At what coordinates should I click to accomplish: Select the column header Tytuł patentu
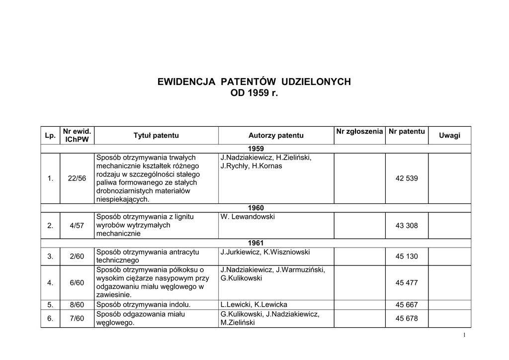click(156, 135)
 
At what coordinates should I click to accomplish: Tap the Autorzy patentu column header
click(276, 136)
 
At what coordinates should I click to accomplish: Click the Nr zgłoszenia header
click(359, 131)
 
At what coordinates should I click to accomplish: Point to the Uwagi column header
click(449, 136)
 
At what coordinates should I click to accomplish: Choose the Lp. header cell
click(50, 136)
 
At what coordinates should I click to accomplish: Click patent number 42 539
click(406, 179)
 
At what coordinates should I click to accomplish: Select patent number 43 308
click(406, 225)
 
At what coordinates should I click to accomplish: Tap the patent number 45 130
click(406, 257)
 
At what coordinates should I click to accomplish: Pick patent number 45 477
click(406, 282)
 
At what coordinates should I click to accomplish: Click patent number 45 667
click(406, 305)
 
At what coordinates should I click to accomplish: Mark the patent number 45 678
click(406, 319)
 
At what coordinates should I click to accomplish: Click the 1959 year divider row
click(255, 149)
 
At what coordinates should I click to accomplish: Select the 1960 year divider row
click(255, 208)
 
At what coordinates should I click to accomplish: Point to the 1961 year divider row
click(255, 243)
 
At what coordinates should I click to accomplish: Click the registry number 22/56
click(77, 179)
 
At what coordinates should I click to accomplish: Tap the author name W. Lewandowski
click(247, 217)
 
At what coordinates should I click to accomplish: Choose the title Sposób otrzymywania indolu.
click(144, 305)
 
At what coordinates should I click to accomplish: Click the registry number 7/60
click(77, 319)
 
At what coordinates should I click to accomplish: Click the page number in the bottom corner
click(464, 336)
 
